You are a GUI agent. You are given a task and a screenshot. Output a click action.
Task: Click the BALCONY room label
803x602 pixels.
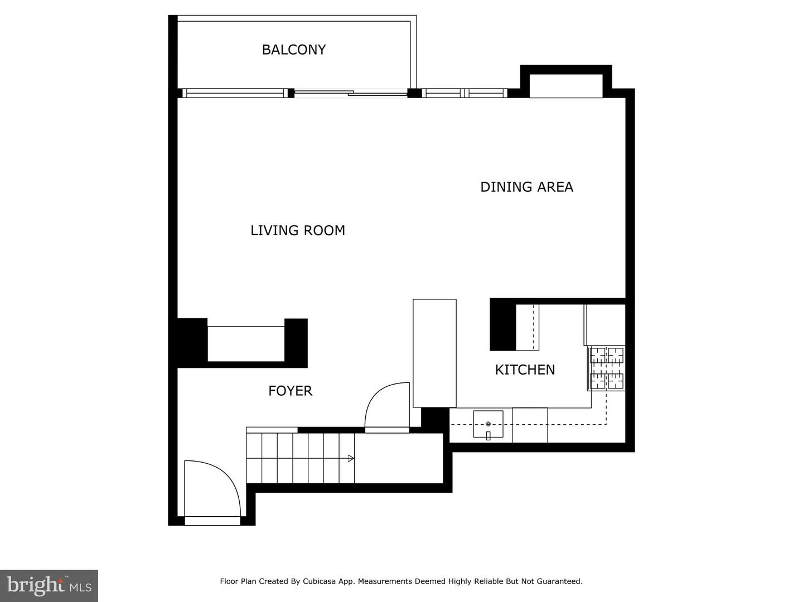tap(293, 50)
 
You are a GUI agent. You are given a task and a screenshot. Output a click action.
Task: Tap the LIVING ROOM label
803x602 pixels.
tap(297, 230)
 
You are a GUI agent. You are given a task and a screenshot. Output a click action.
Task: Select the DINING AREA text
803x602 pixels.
tap(526, 187)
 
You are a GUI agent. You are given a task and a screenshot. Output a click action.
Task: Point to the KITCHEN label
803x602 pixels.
tap(525, 370)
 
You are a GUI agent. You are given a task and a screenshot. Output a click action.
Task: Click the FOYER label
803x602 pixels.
tap(290, 391)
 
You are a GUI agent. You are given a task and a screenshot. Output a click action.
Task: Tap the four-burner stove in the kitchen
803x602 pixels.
tap(607, 368)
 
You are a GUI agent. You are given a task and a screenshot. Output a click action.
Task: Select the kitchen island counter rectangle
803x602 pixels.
tap(434, 353)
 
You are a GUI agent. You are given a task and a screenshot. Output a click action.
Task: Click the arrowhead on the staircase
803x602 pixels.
tap(351, 458)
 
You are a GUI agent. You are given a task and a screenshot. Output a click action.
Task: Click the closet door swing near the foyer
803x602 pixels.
tap(387, 406)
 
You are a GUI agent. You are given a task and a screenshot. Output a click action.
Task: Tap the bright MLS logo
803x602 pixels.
tap(49, 585)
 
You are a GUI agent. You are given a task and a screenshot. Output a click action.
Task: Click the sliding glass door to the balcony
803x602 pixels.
tap(350, 94)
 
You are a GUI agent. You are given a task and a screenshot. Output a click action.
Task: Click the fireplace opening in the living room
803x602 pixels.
tap(246, 343)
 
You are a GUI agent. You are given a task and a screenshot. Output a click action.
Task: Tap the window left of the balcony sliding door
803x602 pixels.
tap(234, 93)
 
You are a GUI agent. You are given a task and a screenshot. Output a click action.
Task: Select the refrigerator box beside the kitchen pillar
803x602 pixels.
tap(527, 327)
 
